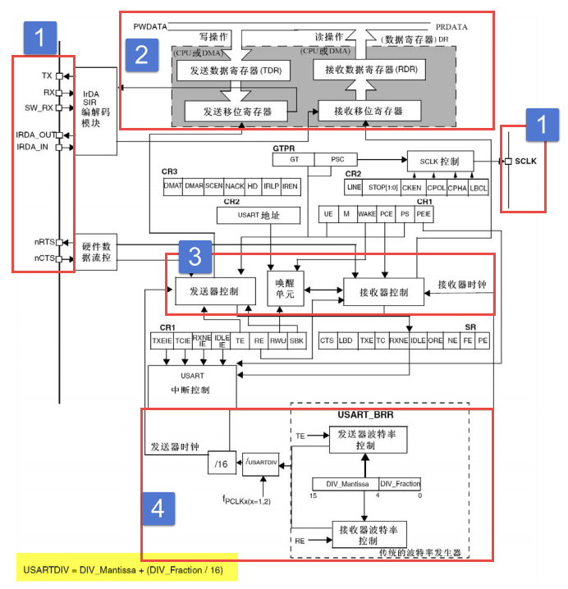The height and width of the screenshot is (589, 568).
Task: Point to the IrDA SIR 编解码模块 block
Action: [x=97, y=110]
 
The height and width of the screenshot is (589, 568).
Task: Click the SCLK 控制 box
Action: [x=440, y=161]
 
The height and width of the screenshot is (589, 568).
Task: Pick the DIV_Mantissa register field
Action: [x=345, y=485]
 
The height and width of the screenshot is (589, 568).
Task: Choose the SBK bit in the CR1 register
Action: [x=296, y=339]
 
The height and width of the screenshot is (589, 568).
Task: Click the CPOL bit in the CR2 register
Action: [x=437, y=186]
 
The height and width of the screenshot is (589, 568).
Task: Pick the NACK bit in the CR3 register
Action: [x=235, y=186]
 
